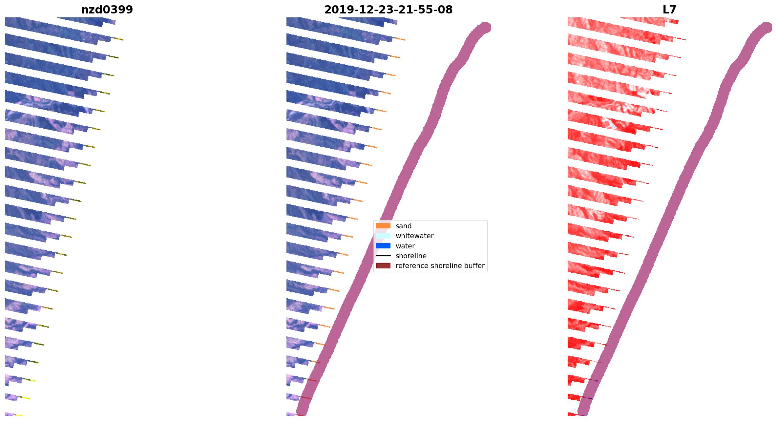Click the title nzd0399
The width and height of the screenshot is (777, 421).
point(107,10)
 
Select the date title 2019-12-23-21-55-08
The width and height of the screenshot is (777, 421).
point(388,10)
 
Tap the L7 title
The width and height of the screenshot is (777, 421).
point(669,10)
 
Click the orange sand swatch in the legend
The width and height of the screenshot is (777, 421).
point(383,226)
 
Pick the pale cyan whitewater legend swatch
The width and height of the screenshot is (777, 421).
point(383,236)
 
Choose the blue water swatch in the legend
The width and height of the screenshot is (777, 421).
point(383,246)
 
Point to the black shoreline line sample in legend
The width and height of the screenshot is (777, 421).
point(383,256)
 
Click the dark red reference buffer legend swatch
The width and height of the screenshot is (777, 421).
point(383,265)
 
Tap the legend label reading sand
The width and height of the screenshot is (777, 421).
point(403,226)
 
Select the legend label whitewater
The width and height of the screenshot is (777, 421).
point(414,236)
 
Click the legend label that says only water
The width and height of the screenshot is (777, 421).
point(405,246)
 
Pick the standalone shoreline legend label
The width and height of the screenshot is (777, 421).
point(411,256)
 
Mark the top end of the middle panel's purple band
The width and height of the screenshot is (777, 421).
point(485,28)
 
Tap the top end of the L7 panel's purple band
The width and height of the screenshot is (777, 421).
point(766,28)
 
